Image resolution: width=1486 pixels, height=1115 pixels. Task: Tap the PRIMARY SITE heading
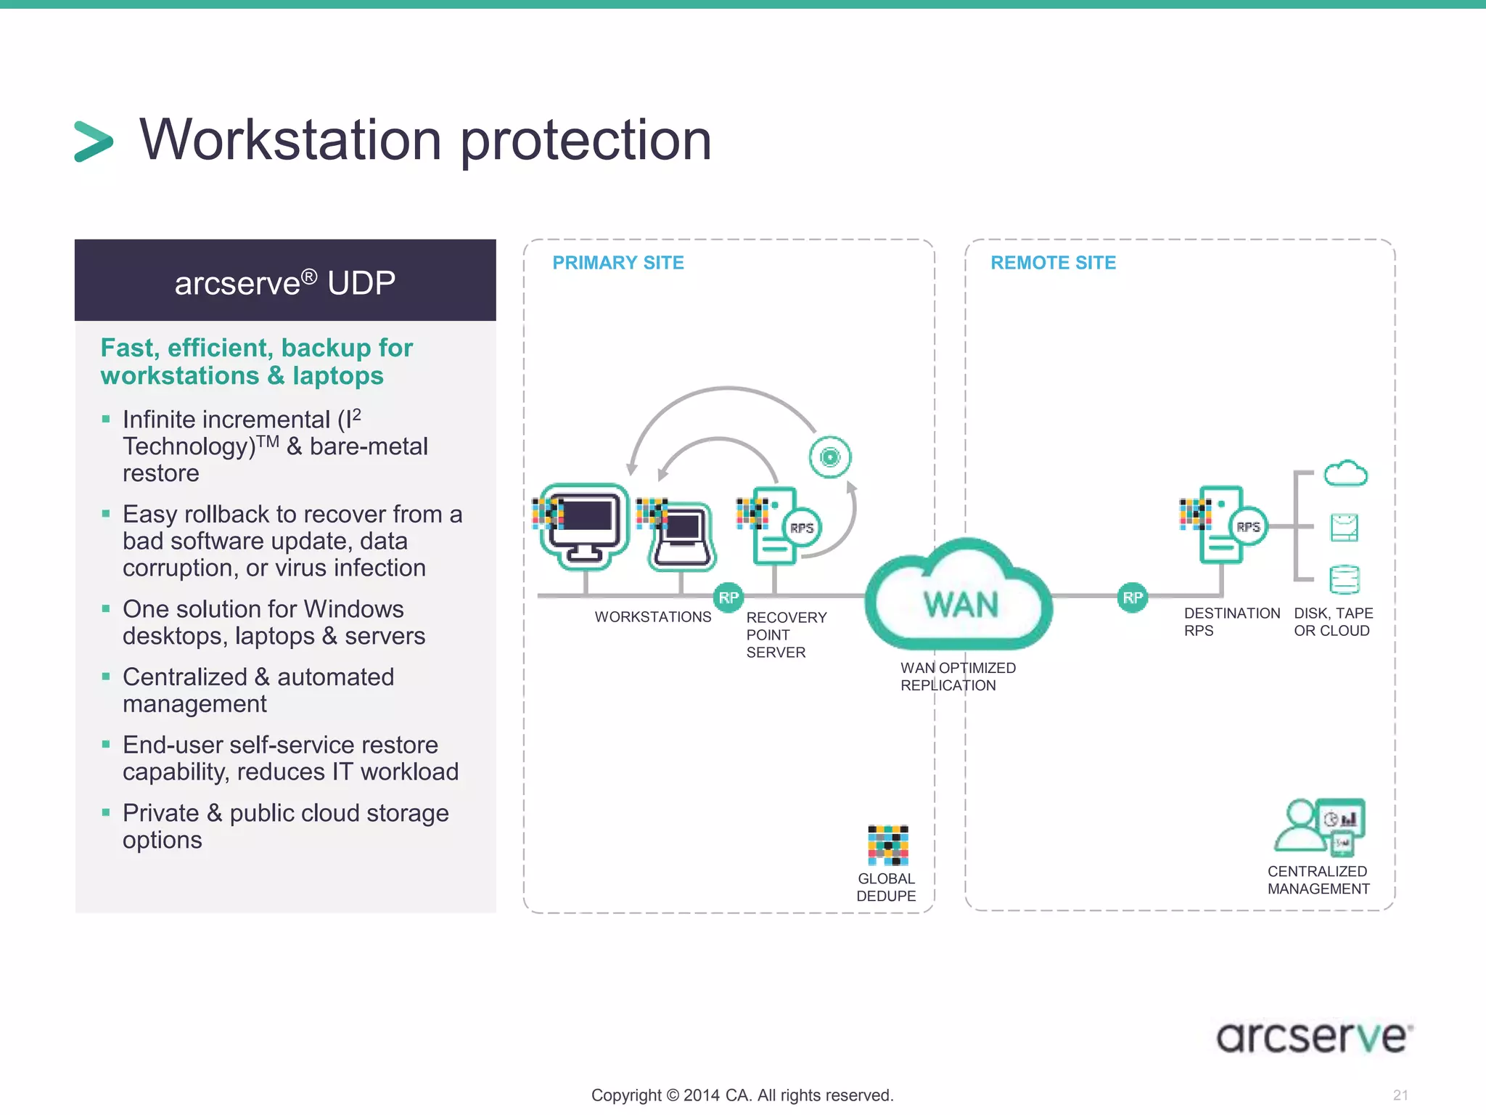[x=618, y=263]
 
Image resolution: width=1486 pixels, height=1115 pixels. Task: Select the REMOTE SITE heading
[x=1053, y=263]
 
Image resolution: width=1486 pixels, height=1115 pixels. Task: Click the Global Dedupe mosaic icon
[x=887, y=845]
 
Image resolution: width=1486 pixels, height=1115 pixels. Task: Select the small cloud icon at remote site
[x=1345, y=474]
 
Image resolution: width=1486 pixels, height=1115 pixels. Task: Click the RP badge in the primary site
[x=728, y=597]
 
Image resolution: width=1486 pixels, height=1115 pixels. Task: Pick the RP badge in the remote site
[x=1132, y=597]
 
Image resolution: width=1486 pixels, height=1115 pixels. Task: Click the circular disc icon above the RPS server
[x=830, y=457]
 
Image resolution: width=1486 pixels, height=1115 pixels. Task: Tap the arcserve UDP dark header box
[x=285, y=281]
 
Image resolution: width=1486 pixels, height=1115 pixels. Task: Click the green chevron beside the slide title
[x=94, y=142]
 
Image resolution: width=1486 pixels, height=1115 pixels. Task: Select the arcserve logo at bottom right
[x=1314, y=1036]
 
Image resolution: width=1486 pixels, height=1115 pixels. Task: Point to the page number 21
[x=1400, y=1095]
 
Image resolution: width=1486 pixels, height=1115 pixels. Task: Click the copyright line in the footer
[x=742, y=1095]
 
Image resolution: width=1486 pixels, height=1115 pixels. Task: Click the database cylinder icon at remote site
[x=1345, y=579]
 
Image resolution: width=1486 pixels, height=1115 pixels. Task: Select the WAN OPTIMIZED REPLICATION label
[x=958, y=677]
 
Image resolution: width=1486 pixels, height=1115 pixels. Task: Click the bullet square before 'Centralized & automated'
[x=106, y=677]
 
